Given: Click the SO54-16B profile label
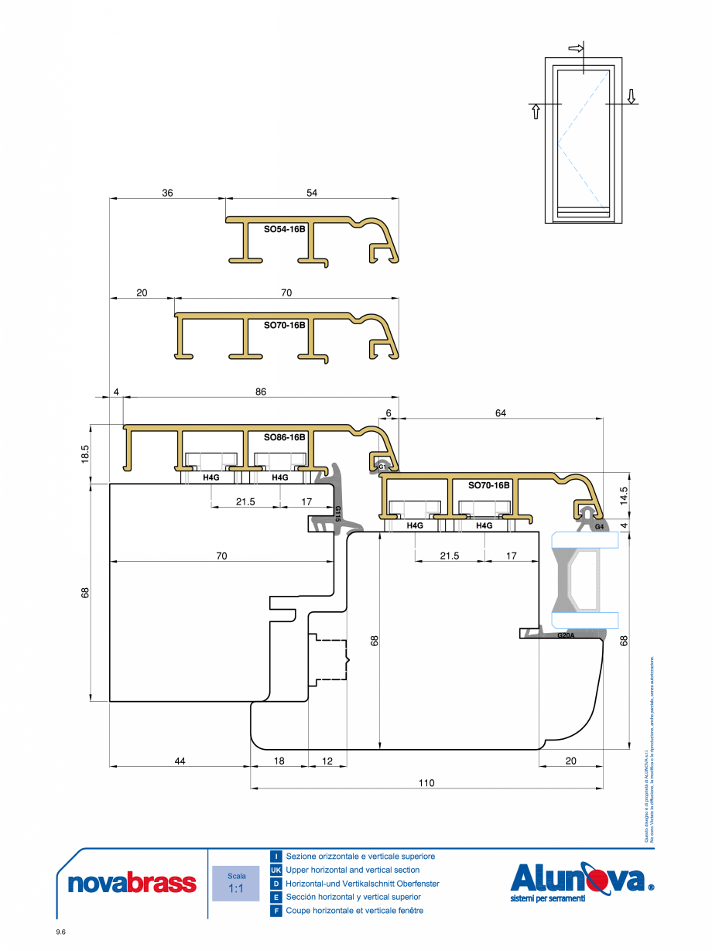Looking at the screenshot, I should point(284,229).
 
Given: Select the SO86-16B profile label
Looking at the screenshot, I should point(284,437).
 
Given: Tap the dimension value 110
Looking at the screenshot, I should point(426,783).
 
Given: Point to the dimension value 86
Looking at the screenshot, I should point(260,392).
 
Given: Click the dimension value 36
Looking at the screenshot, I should point(167,193).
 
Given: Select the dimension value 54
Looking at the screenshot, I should point(312,193).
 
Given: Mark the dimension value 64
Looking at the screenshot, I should point(501,413).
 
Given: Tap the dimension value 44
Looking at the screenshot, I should point(180,761).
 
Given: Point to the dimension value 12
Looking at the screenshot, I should point(327,761).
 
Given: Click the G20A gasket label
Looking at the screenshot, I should point(566,635).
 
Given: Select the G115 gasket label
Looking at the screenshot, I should point(337,514).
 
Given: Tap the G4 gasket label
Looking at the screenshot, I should point(599,527).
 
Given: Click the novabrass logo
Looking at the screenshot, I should point(132,883).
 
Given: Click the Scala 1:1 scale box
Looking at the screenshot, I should point(236,883).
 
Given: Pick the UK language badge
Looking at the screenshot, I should point(276,871).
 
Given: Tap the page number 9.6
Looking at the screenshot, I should point(61,932).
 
